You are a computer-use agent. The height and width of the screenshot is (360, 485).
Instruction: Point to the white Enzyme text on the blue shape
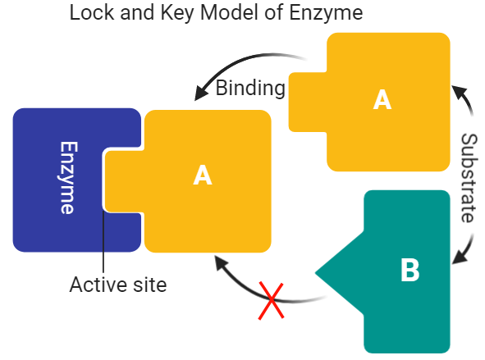(67, 178)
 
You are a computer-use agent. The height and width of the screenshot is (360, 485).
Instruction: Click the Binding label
(250, 89)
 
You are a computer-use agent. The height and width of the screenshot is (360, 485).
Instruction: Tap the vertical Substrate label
(469, 178)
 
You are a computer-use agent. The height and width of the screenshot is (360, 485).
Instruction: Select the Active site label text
(117, 285)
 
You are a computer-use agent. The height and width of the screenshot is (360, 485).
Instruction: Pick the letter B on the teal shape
(410, 270)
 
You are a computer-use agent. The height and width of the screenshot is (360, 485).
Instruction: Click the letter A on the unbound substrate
(382, 99)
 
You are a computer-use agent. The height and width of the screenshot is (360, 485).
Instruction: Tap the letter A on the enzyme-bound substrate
(202, 175)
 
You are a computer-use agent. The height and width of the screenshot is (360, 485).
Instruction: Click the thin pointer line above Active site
(103, 246)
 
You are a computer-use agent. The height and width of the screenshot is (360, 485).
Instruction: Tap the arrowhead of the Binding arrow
(199, 92)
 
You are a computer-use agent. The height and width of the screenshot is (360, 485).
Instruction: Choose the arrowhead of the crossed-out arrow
(219, 262)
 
